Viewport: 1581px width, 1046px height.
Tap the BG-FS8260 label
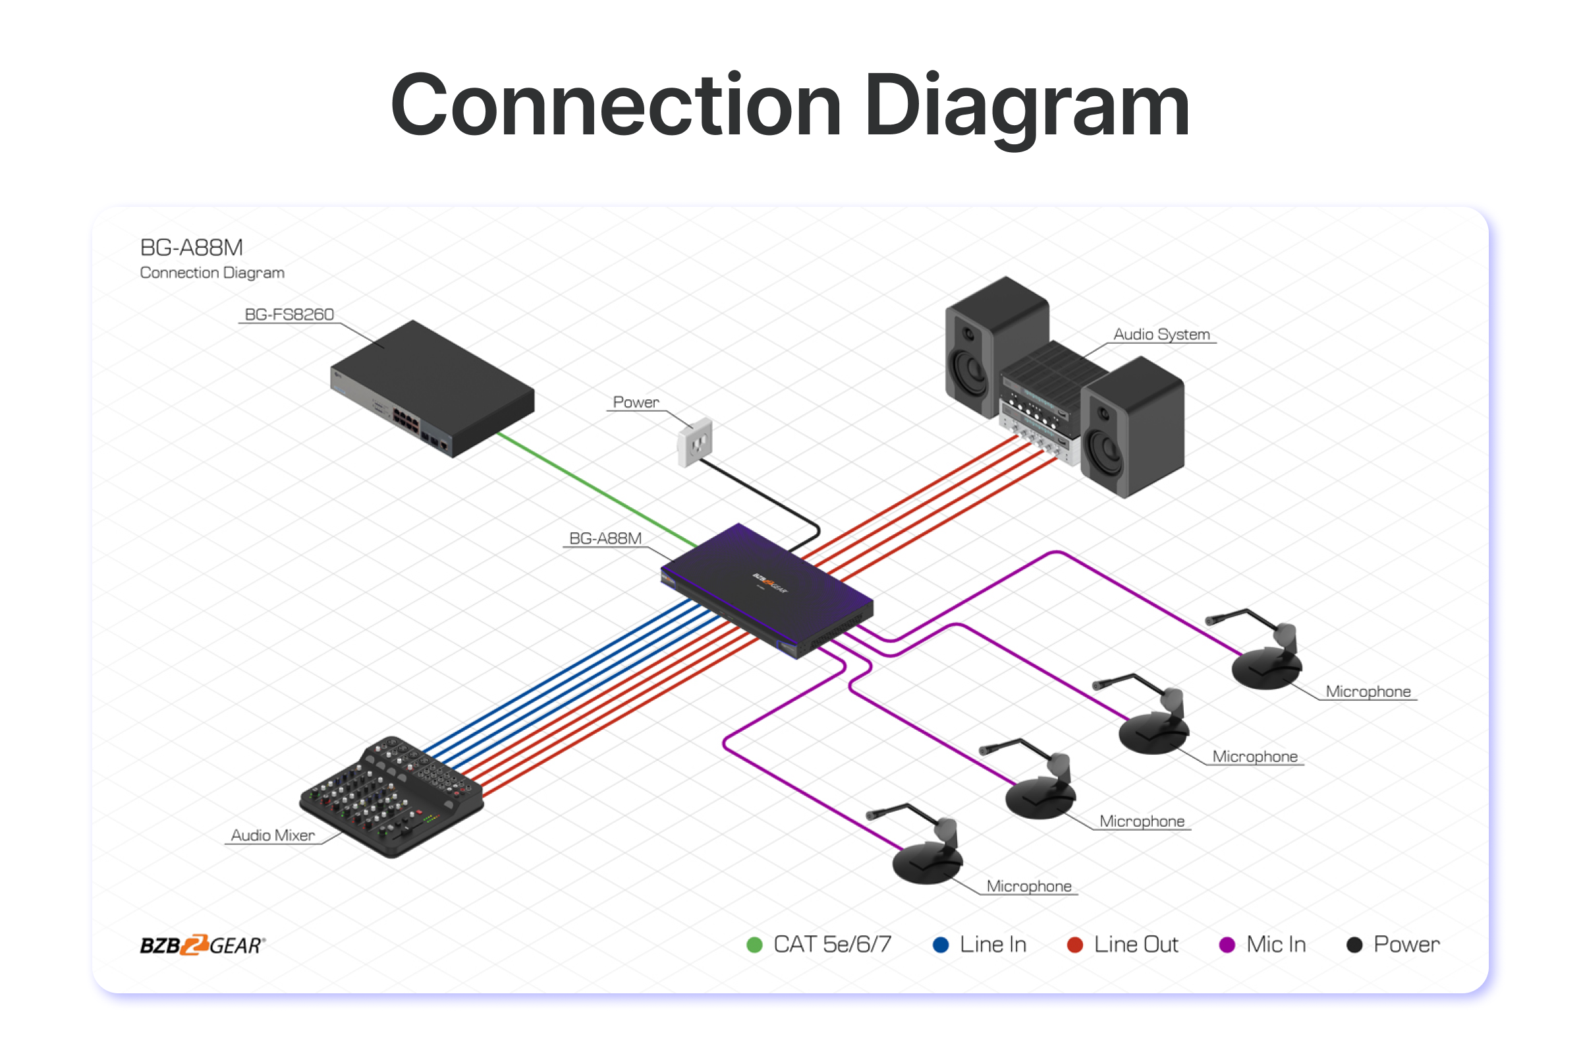tap(289, 314)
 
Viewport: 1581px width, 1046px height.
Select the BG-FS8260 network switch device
tap(433, 387)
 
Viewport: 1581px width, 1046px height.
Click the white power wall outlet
tap(695, 441)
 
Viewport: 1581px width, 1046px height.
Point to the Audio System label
tap(1161, 334)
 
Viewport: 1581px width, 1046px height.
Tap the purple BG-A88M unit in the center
tap(767, 587)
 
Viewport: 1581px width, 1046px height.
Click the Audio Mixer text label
tap(272, 835)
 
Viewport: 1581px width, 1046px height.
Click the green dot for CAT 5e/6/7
tap(754, 945)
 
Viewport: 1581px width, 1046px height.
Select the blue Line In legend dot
tap(941, 945)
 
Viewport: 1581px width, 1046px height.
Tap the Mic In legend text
tap(1275, 945)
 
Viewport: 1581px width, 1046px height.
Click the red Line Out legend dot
tap(1074, 945)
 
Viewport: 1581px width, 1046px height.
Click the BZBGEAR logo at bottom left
tap(202, 945)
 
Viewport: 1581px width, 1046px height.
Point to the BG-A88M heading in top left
tap(192, 248)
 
